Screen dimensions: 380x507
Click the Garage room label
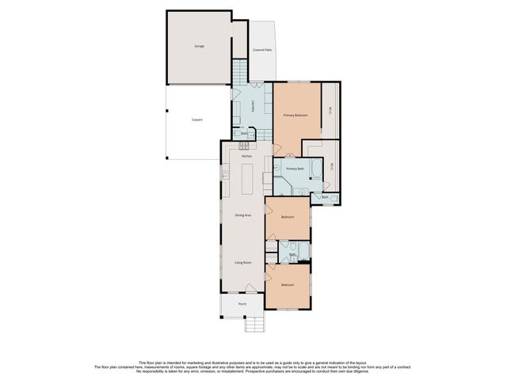(x=199, y=46)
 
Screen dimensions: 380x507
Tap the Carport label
(x=197, y=120)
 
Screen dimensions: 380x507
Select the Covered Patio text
(x=262, y=50)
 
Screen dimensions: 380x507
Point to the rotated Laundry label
(x=252, y=106)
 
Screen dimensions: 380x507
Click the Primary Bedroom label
(x=295, y=116)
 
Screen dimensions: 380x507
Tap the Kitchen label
(x=246, y=157)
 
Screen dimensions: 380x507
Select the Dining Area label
(x=242, y=215)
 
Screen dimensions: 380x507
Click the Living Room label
(x=242, y=262)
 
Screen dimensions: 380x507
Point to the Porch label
(x=242, y=304)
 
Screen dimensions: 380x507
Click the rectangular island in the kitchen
(x=248, y=181)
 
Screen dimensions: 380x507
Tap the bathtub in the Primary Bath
(x=316, y=169)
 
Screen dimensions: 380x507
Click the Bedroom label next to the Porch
(x=287, y=285)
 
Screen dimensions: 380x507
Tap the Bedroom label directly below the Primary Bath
(x=287, y=217)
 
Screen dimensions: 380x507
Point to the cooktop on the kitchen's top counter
(x=245, y=145)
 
